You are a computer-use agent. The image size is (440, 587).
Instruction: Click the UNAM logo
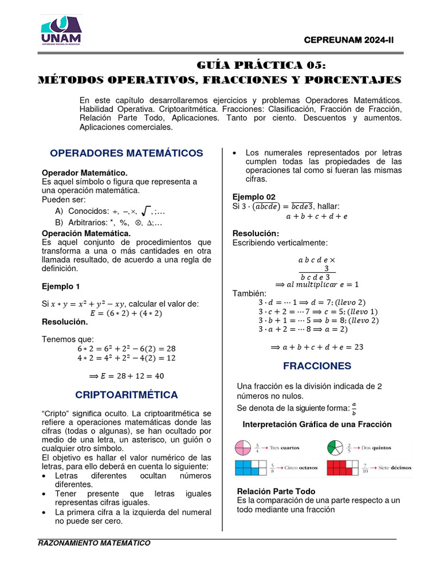tap(61, 30)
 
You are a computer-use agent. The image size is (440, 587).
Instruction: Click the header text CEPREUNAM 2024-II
tap(351, 39)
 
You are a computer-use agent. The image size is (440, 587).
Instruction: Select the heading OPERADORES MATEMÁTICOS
tap(127, 153)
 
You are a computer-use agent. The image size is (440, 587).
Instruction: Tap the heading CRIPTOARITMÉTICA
tap(127, 395)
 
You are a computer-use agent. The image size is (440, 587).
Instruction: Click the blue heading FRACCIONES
tap(317, 366)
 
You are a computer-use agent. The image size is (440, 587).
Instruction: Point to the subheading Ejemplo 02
tap(254, 197)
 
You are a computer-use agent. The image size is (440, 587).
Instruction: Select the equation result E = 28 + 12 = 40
tap(127, 376)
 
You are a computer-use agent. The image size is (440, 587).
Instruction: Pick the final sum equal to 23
tap(317, 347)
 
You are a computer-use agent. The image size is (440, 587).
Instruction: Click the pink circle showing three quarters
tap(242, 448)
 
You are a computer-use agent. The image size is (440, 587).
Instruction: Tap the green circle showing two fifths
tap(335, 448)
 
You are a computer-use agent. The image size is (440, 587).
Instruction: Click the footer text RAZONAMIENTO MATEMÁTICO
tap(94, 543)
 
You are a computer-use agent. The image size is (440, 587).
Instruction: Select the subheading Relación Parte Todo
tap(276, 491)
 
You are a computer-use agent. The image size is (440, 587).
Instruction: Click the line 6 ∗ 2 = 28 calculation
tap(127, 349)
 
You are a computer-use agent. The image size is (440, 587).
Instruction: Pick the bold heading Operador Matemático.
tap(84, 173)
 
